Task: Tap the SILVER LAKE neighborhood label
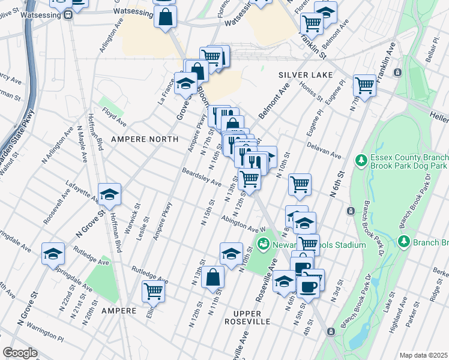point(301,75)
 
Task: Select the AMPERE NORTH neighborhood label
point(145,139)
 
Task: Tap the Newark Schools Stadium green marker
point(263,244)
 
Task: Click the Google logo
point(20,352)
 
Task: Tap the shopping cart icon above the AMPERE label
point(153,291)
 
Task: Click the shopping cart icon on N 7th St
point(364,86)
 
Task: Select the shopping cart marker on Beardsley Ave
point(249,178)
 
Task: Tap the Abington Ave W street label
point(243,224)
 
